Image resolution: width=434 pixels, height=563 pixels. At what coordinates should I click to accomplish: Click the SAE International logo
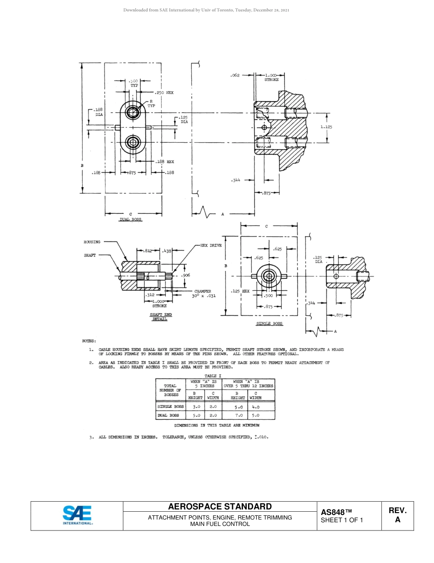(77, 515)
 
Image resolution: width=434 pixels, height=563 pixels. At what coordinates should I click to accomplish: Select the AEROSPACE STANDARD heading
(220, 506)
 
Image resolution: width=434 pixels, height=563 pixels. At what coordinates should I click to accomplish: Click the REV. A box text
(397, 515)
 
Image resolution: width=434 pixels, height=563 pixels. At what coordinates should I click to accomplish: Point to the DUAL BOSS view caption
(131, 220)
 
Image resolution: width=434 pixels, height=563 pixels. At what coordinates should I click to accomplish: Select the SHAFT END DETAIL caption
(160, 317)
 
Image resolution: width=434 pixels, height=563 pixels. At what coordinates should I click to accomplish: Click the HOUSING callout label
(92, 242)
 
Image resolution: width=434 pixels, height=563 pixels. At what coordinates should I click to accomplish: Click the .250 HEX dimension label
(165, 92)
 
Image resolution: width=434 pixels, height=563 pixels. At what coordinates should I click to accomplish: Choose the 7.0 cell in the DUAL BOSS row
(237, 415)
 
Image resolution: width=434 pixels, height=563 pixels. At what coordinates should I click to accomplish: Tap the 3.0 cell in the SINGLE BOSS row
(196, 406)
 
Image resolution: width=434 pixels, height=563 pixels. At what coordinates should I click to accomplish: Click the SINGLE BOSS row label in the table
(170, 406)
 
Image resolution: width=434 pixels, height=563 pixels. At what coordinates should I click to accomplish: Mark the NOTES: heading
(89, 341)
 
